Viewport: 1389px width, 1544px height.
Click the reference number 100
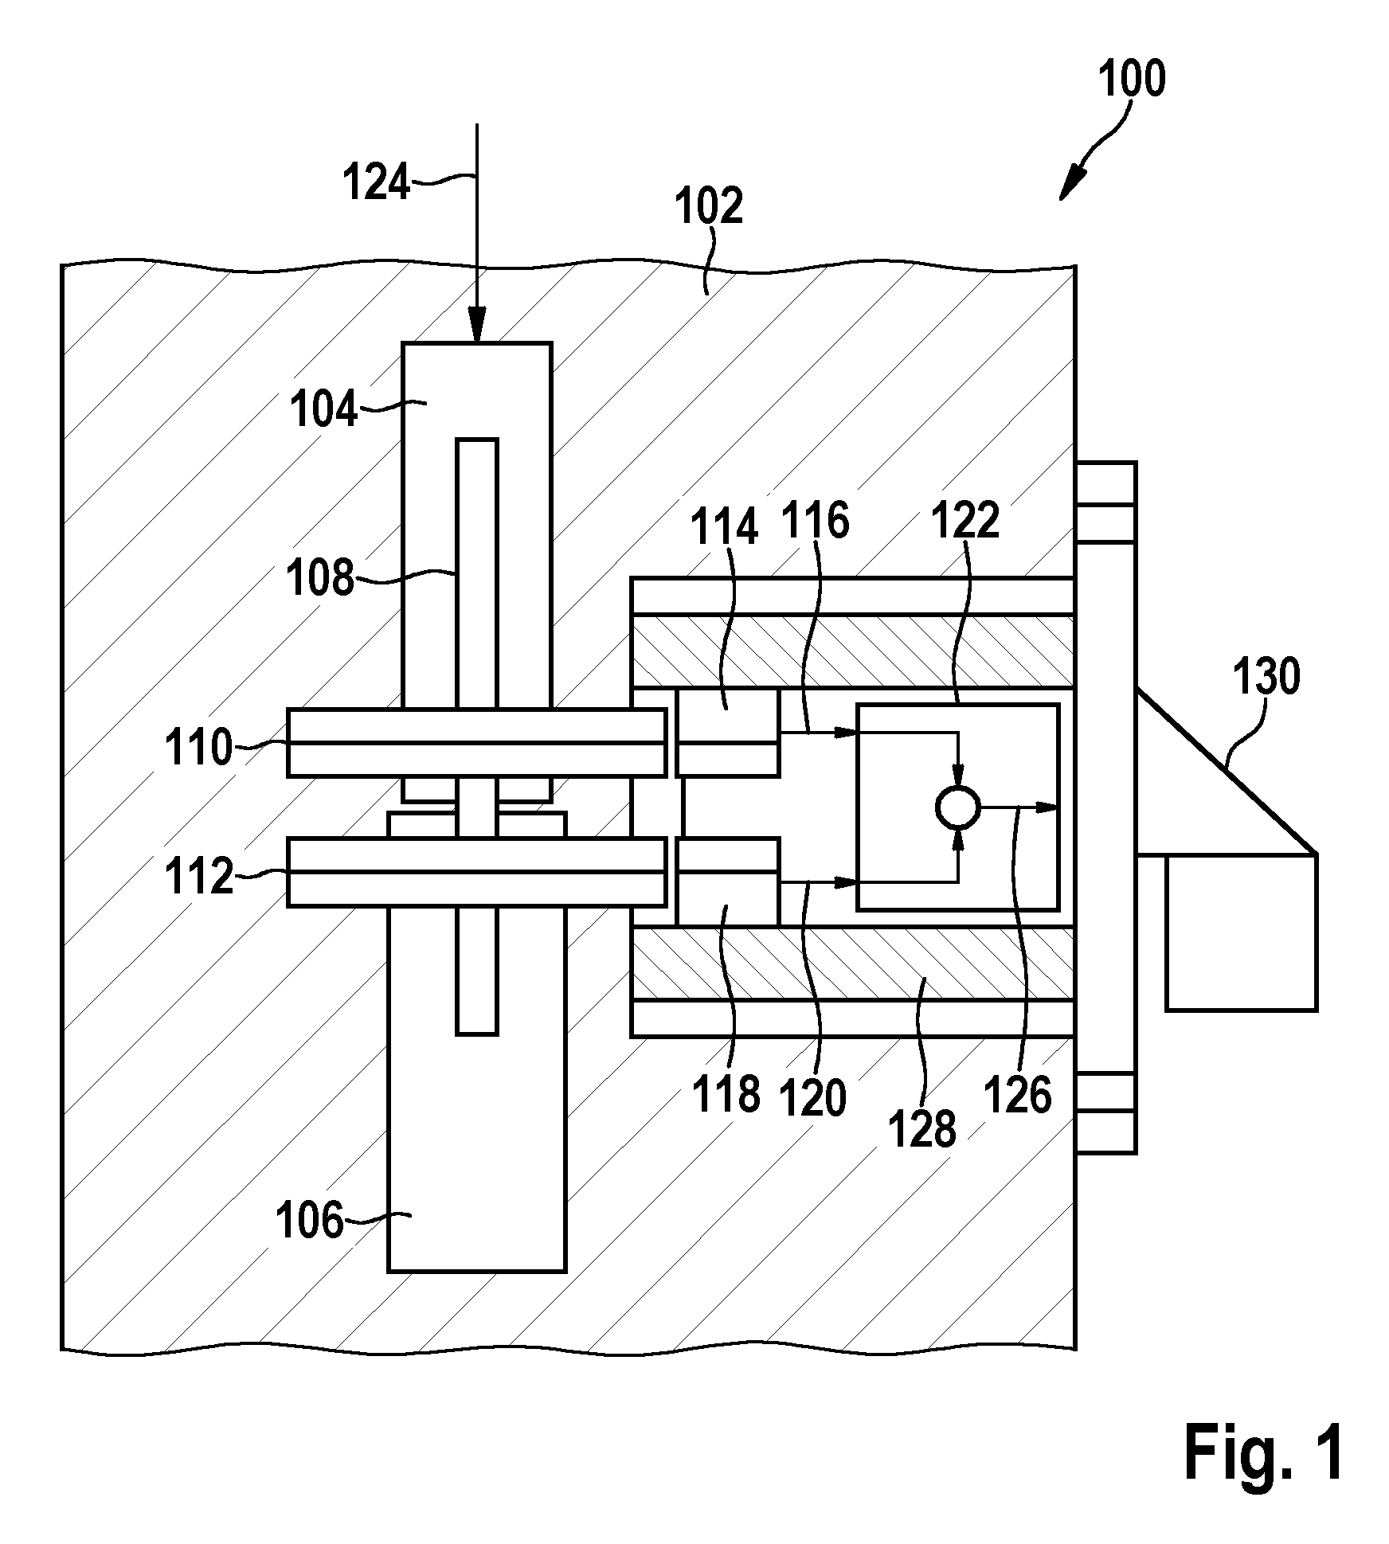(1132, 79)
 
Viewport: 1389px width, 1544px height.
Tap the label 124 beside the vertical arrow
(377, 182)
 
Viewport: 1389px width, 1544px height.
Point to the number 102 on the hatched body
(709, 207)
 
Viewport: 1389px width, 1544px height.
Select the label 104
(324, 411)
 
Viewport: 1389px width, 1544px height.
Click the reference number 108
(320, 578)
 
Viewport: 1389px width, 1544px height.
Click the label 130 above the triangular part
(1266, 677)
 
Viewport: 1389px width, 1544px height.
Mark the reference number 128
(922, 1129)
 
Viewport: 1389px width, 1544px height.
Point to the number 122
(965, 522)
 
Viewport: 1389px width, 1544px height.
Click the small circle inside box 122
(958, 807)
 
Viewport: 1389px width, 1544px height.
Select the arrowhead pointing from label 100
(1069, 188)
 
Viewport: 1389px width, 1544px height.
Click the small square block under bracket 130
(1241, 932)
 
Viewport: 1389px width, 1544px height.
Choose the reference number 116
(815, 521)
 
